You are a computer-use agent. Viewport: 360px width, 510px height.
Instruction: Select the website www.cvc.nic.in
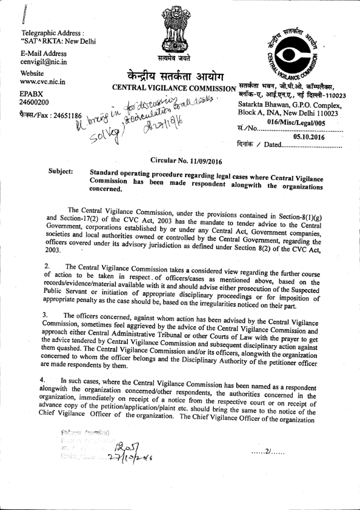43,81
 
